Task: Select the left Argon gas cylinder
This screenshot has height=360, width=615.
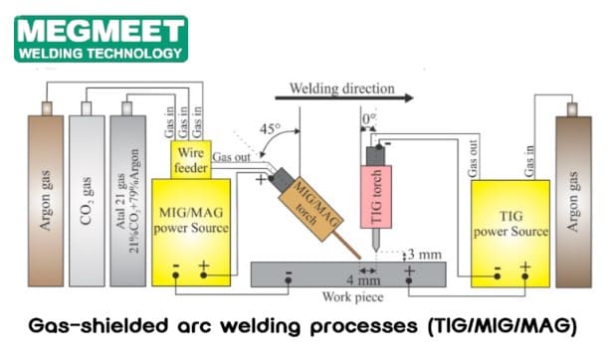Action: [46, 200]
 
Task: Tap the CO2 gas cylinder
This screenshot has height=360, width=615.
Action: [88, 200]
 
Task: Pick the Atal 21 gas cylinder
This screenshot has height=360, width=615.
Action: [129, 200]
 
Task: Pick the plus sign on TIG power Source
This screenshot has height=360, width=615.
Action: [520, 267]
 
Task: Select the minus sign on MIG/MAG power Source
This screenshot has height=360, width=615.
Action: [175, 267]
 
